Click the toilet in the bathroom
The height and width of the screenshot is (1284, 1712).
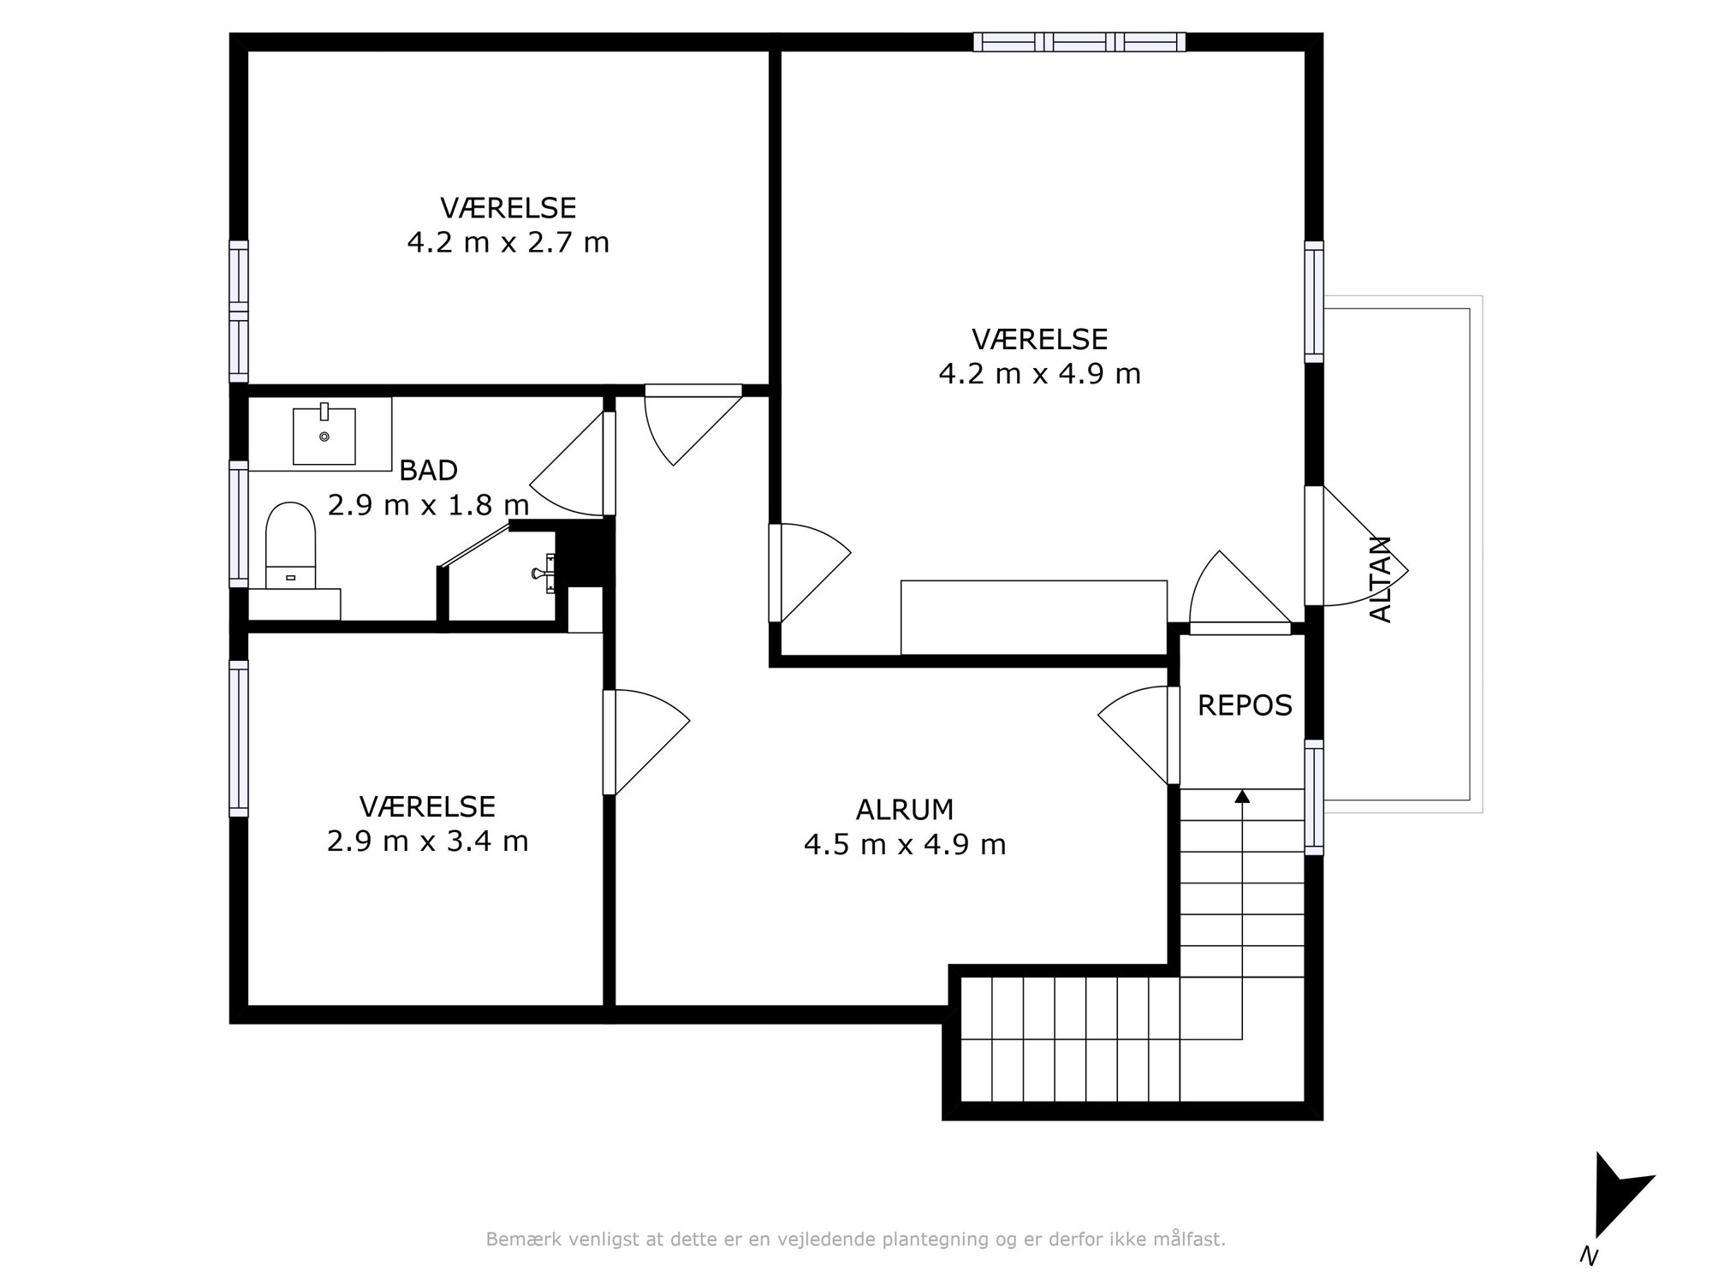point(290,545)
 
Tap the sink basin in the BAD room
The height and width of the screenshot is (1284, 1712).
point(324,436)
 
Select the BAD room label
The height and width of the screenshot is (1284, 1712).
point(429,470)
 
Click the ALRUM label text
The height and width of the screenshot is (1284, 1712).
point(905,809)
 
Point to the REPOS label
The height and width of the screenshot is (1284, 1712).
point(1245,705)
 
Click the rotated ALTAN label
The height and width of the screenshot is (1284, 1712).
point(1381,579)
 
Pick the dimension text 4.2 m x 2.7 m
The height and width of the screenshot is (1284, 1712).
point(508,243)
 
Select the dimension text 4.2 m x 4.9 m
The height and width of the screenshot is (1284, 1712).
point(1040,374)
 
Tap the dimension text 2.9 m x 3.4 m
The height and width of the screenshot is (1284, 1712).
point(428,841)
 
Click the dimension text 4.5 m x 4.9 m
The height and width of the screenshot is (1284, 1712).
point(905,845)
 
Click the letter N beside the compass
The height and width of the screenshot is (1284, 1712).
point(1589,1257)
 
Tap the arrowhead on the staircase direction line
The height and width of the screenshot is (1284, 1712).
point(1242,796)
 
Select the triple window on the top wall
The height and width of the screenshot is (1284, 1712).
point(1079,42)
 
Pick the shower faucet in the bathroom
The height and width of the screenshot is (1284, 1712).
point(544,573)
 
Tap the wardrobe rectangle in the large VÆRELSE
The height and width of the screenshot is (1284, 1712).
point(1034,617)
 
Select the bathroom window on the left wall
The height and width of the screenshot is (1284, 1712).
point(239,524)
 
